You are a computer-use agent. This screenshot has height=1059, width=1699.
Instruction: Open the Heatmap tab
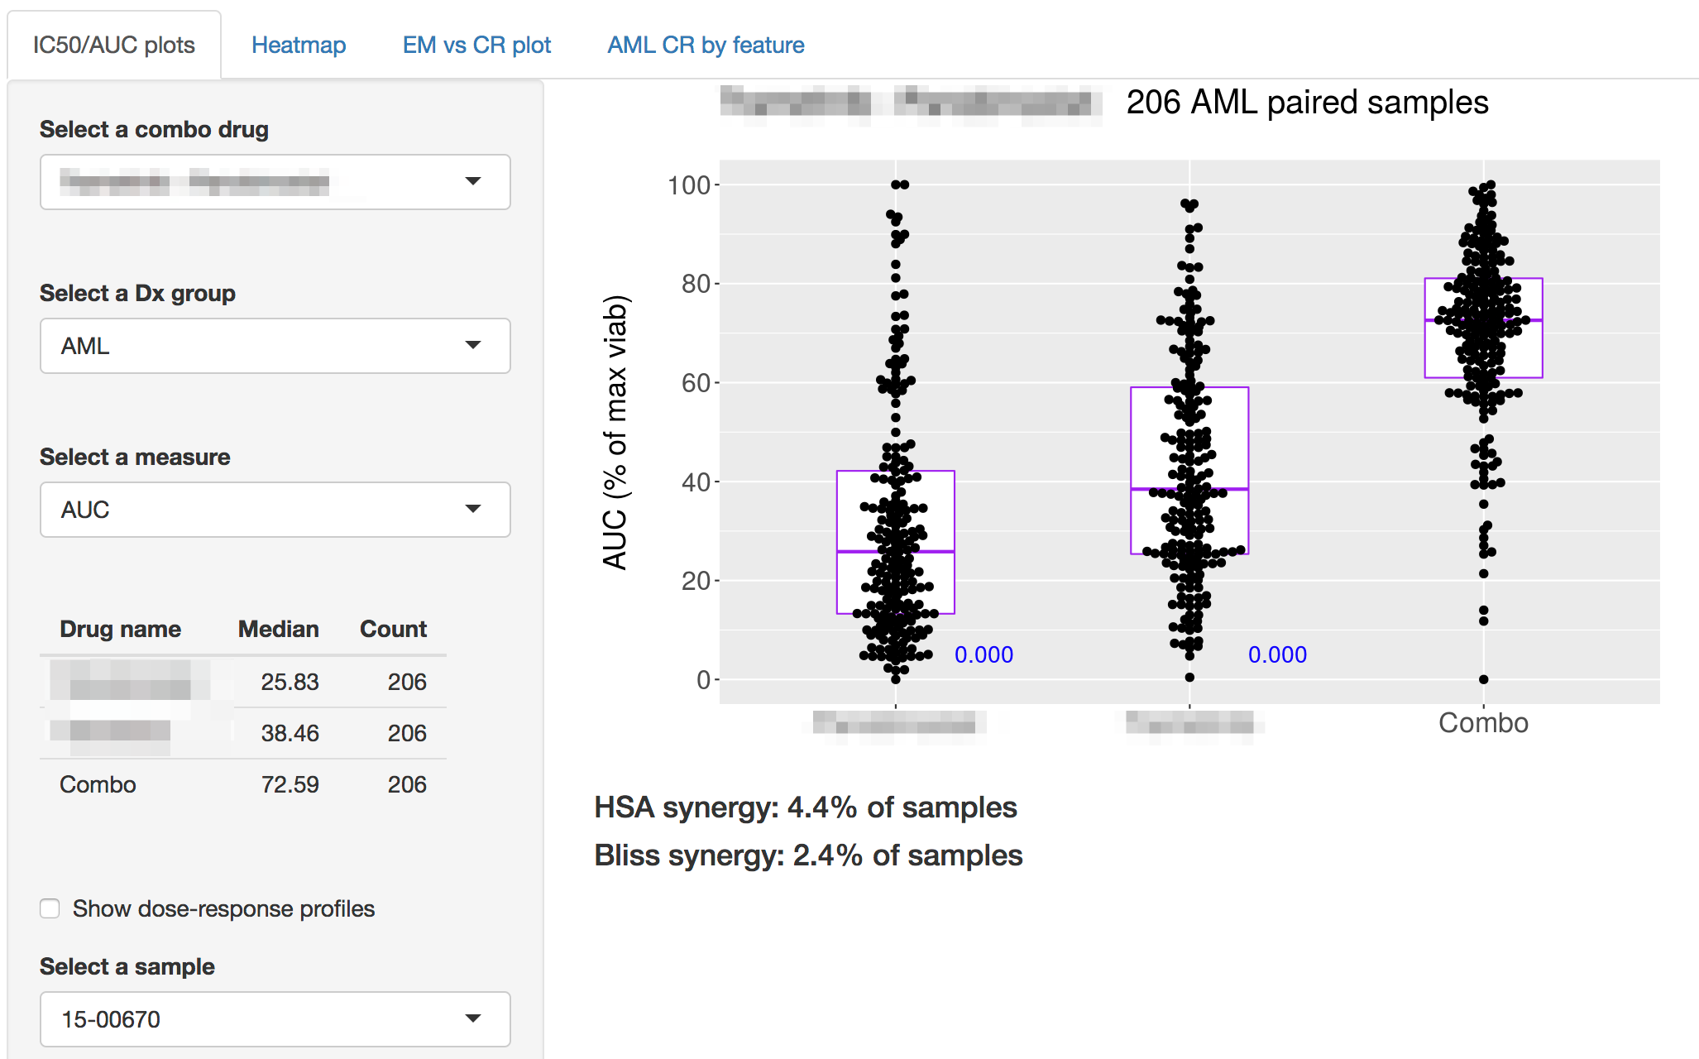pos(299,45)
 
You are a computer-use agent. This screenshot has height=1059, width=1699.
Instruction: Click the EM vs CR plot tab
pos(476,45)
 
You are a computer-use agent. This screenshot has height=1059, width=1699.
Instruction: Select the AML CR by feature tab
pos(706,45)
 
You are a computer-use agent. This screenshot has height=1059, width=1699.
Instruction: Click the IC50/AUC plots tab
pos(114,45)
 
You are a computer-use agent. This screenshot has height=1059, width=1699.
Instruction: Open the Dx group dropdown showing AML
pos(275,346)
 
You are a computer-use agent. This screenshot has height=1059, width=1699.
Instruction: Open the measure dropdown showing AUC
pos(275,510)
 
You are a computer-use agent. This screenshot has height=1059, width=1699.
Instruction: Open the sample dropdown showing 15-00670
pos(275,1019)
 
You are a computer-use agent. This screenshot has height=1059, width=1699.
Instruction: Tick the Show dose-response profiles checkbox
pos(50,908)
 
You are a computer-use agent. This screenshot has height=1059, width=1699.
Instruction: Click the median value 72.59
pos(290,784)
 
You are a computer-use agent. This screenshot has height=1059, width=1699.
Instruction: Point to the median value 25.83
pos(290,682)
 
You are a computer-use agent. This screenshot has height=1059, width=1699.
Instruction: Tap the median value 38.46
pos(290,733)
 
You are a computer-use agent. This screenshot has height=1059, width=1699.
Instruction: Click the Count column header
pos(393,629)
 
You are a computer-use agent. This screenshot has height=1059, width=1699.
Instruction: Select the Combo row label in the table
pos(98,784)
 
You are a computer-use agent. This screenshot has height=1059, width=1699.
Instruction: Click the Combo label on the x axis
pos(1483,723)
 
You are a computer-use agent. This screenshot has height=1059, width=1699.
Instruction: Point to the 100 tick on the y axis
pos(689,185)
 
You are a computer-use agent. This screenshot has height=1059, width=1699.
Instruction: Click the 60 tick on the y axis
pos(696,383)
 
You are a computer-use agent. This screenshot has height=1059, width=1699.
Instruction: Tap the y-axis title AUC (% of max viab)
pos(615,432)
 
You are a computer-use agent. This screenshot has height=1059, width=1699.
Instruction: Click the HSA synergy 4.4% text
pos(805,807)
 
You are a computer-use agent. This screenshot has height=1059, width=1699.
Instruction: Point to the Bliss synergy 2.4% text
pos(808,855)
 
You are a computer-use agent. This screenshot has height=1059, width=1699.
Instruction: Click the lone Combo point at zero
pos(1484,679)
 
